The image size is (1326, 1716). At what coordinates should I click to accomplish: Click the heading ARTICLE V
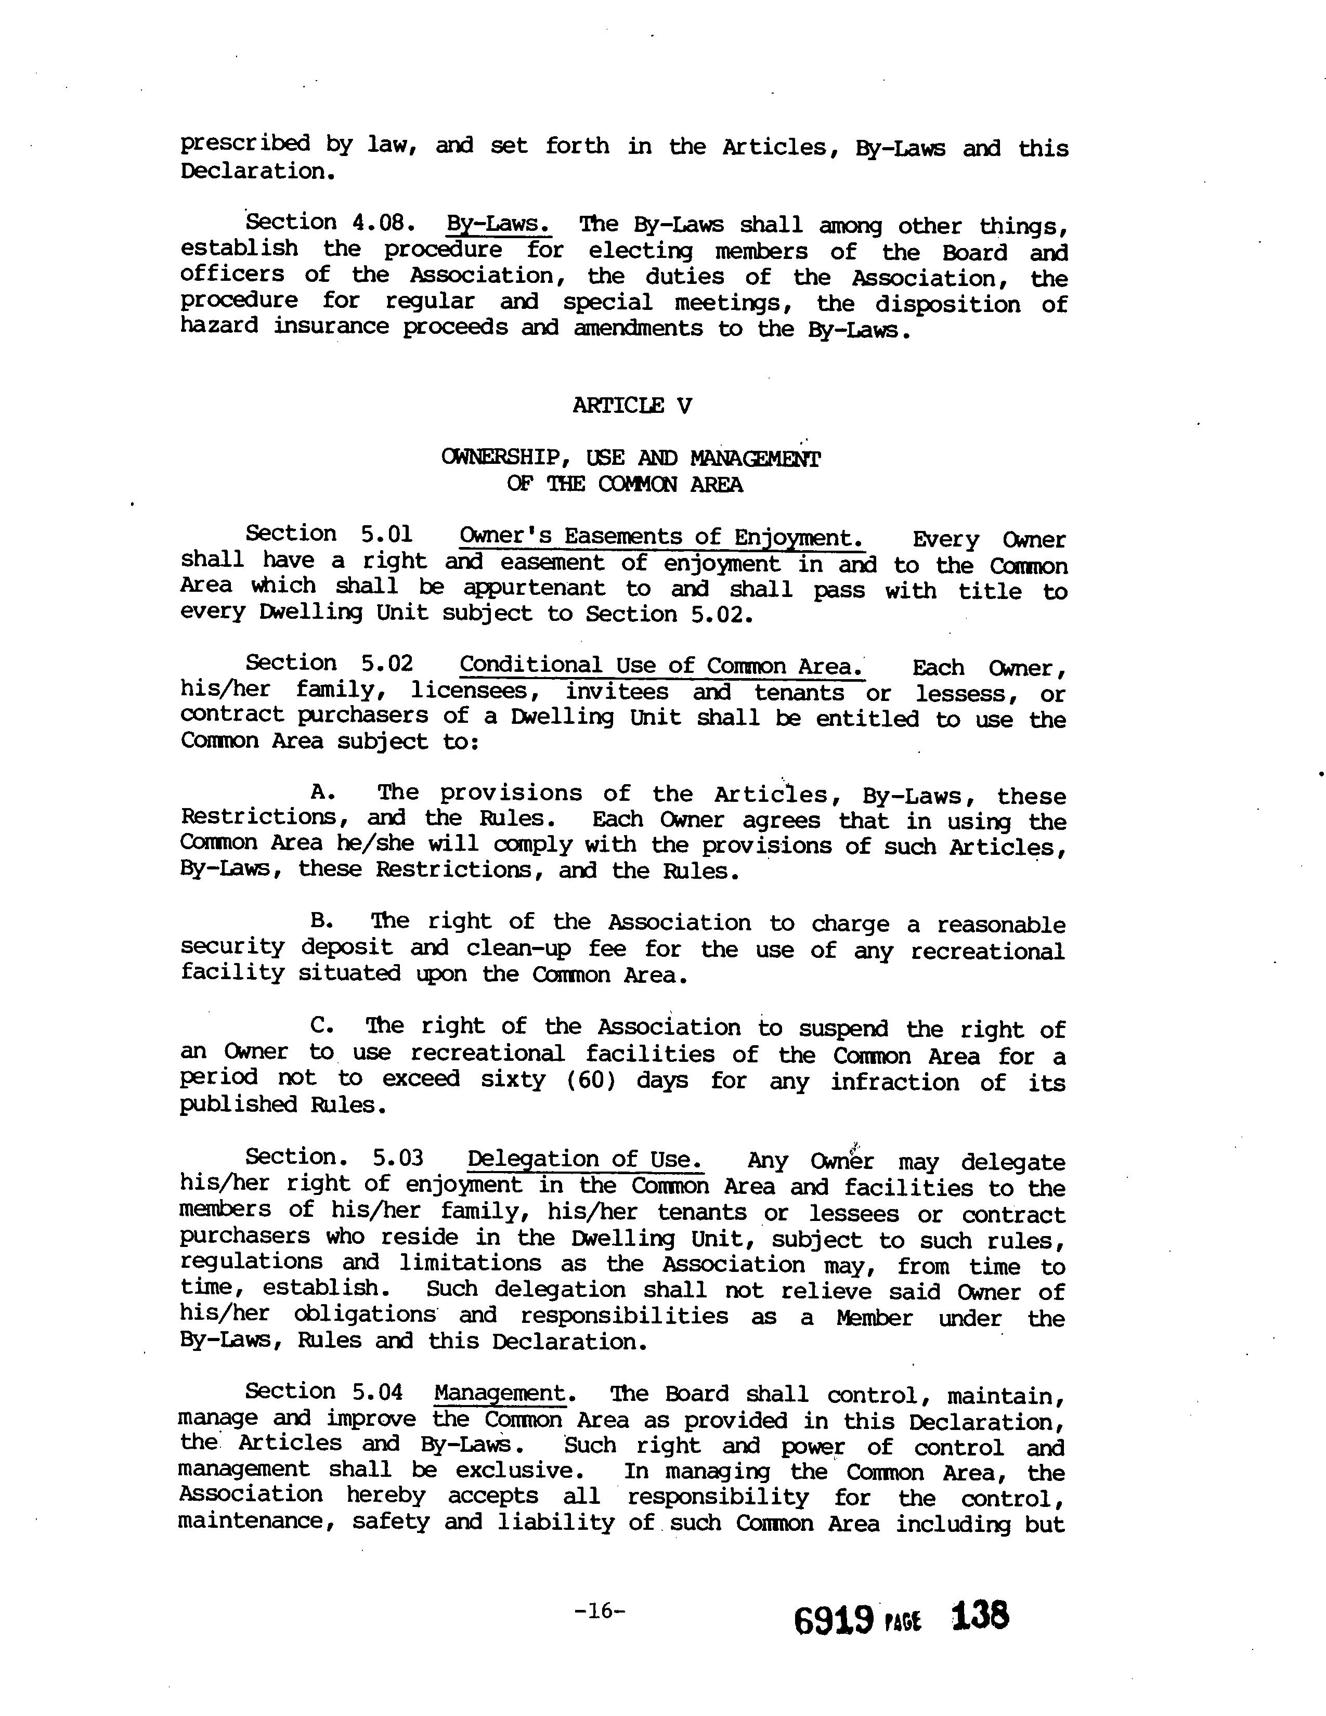pos(632,406)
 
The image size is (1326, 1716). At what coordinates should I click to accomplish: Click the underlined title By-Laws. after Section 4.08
pos(499,224)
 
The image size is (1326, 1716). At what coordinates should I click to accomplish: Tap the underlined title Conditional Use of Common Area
pos(661,666)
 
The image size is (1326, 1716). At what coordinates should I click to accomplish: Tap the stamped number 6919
pos(834,1620)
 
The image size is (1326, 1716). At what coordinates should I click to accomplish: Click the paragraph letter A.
pos(323,792)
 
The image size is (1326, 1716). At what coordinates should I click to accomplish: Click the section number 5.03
pos(397,1158)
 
